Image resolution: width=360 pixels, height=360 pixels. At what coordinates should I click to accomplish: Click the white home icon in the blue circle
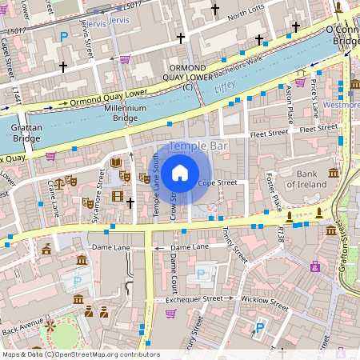(180, 171)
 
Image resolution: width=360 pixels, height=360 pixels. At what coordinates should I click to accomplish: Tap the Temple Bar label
(198, 146)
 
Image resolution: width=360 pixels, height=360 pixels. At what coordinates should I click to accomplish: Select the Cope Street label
(218, 183)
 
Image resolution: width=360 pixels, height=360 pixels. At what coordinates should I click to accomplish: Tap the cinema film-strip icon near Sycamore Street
(118, 196)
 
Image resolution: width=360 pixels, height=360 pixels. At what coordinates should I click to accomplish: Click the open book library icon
(117, 162)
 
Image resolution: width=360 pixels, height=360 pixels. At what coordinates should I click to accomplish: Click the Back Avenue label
(22, 326)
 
